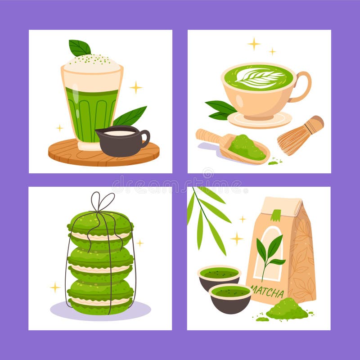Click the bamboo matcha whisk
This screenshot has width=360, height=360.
coord(300,135)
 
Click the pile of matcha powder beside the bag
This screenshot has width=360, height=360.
coord(286,310)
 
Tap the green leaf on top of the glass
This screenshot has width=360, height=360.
coord(80,47)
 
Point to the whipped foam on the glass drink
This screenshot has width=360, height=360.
coord(92,64)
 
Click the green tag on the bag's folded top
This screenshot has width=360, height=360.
coord(275,215)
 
